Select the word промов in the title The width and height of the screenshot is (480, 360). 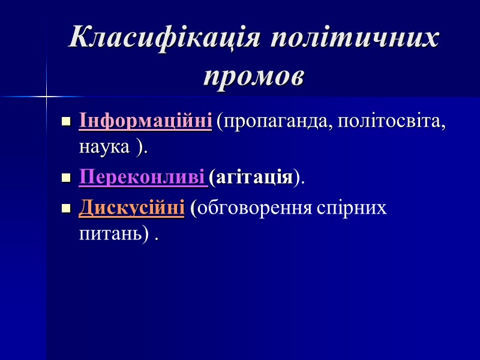point(254,76)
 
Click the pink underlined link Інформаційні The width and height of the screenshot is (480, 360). point(146,121)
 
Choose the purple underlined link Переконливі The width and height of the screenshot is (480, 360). point(143,177)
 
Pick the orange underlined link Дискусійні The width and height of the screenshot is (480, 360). point(131,208)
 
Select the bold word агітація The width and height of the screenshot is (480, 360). point(255,178)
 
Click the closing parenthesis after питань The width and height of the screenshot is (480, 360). point(146,235)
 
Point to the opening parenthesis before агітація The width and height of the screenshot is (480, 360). point(213,178)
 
